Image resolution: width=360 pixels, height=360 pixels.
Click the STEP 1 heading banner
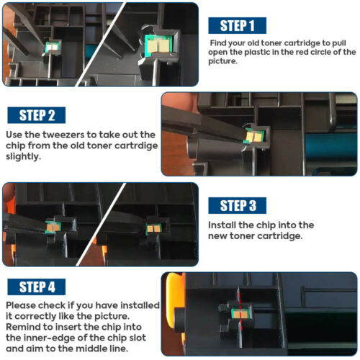[x=237, y=25]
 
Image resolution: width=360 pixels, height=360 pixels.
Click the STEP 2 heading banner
[x=37, y=115]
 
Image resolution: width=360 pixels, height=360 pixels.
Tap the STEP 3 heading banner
[x=237, y=205]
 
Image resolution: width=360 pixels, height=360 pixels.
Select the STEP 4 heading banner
[x=37, y=287]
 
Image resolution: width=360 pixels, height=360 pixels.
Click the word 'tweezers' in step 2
[x=63, y=135]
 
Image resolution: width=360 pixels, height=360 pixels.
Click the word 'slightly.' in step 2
[x=23, y=156]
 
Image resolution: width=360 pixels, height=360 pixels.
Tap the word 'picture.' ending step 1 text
[x=222, y=61]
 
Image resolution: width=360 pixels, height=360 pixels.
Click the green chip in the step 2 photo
[x=253, y=135]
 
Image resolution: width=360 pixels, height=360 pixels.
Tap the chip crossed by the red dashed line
[x=240, y=314]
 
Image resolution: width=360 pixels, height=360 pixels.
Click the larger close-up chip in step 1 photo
[x=158, y=45]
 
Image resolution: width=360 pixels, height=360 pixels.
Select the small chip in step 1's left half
[x=53, y=48]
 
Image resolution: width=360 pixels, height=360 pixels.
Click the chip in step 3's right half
[x=153, y=229]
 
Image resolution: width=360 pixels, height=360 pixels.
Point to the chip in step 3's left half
[x=53, y=227]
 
